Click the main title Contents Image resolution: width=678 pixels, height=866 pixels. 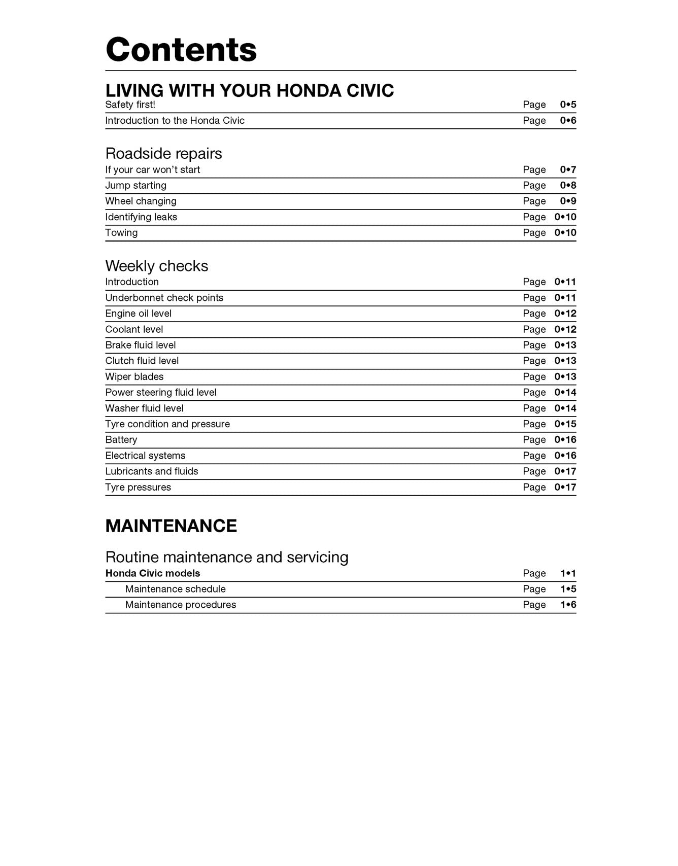(181, 50)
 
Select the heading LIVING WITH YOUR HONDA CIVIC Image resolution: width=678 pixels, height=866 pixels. (249, 90)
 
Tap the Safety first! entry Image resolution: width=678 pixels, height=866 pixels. (130, 105)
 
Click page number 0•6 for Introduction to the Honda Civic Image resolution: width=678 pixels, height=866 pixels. (568, 121)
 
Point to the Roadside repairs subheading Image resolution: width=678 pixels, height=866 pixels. (163, 153)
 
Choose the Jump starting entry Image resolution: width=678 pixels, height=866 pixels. (135, 186)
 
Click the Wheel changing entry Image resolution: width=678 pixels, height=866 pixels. (141, 201)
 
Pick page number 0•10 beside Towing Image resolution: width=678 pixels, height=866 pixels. (565, 233)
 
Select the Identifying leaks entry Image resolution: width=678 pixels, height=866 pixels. (141, 217)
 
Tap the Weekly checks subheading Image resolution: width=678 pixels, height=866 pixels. (156, 266)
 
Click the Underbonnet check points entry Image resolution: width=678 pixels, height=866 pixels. (164, 298)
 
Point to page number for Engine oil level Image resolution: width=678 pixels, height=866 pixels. (565, 314)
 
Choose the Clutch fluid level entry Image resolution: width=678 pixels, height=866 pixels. (142, 361)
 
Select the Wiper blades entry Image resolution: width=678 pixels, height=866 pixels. (134, 377)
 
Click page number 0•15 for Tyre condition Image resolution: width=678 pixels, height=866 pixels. (565, 424)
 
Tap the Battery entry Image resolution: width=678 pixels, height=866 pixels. (121, 440)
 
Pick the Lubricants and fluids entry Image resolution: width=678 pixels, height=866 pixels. (151, 471)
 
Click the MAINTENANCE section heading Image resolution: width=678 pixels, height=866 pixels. (171, 526)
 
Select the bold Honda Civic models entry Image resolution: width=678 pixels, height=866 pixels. (152, 573)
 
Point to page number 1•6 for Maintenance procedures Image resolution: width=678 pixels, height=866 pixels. (568, 605)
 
